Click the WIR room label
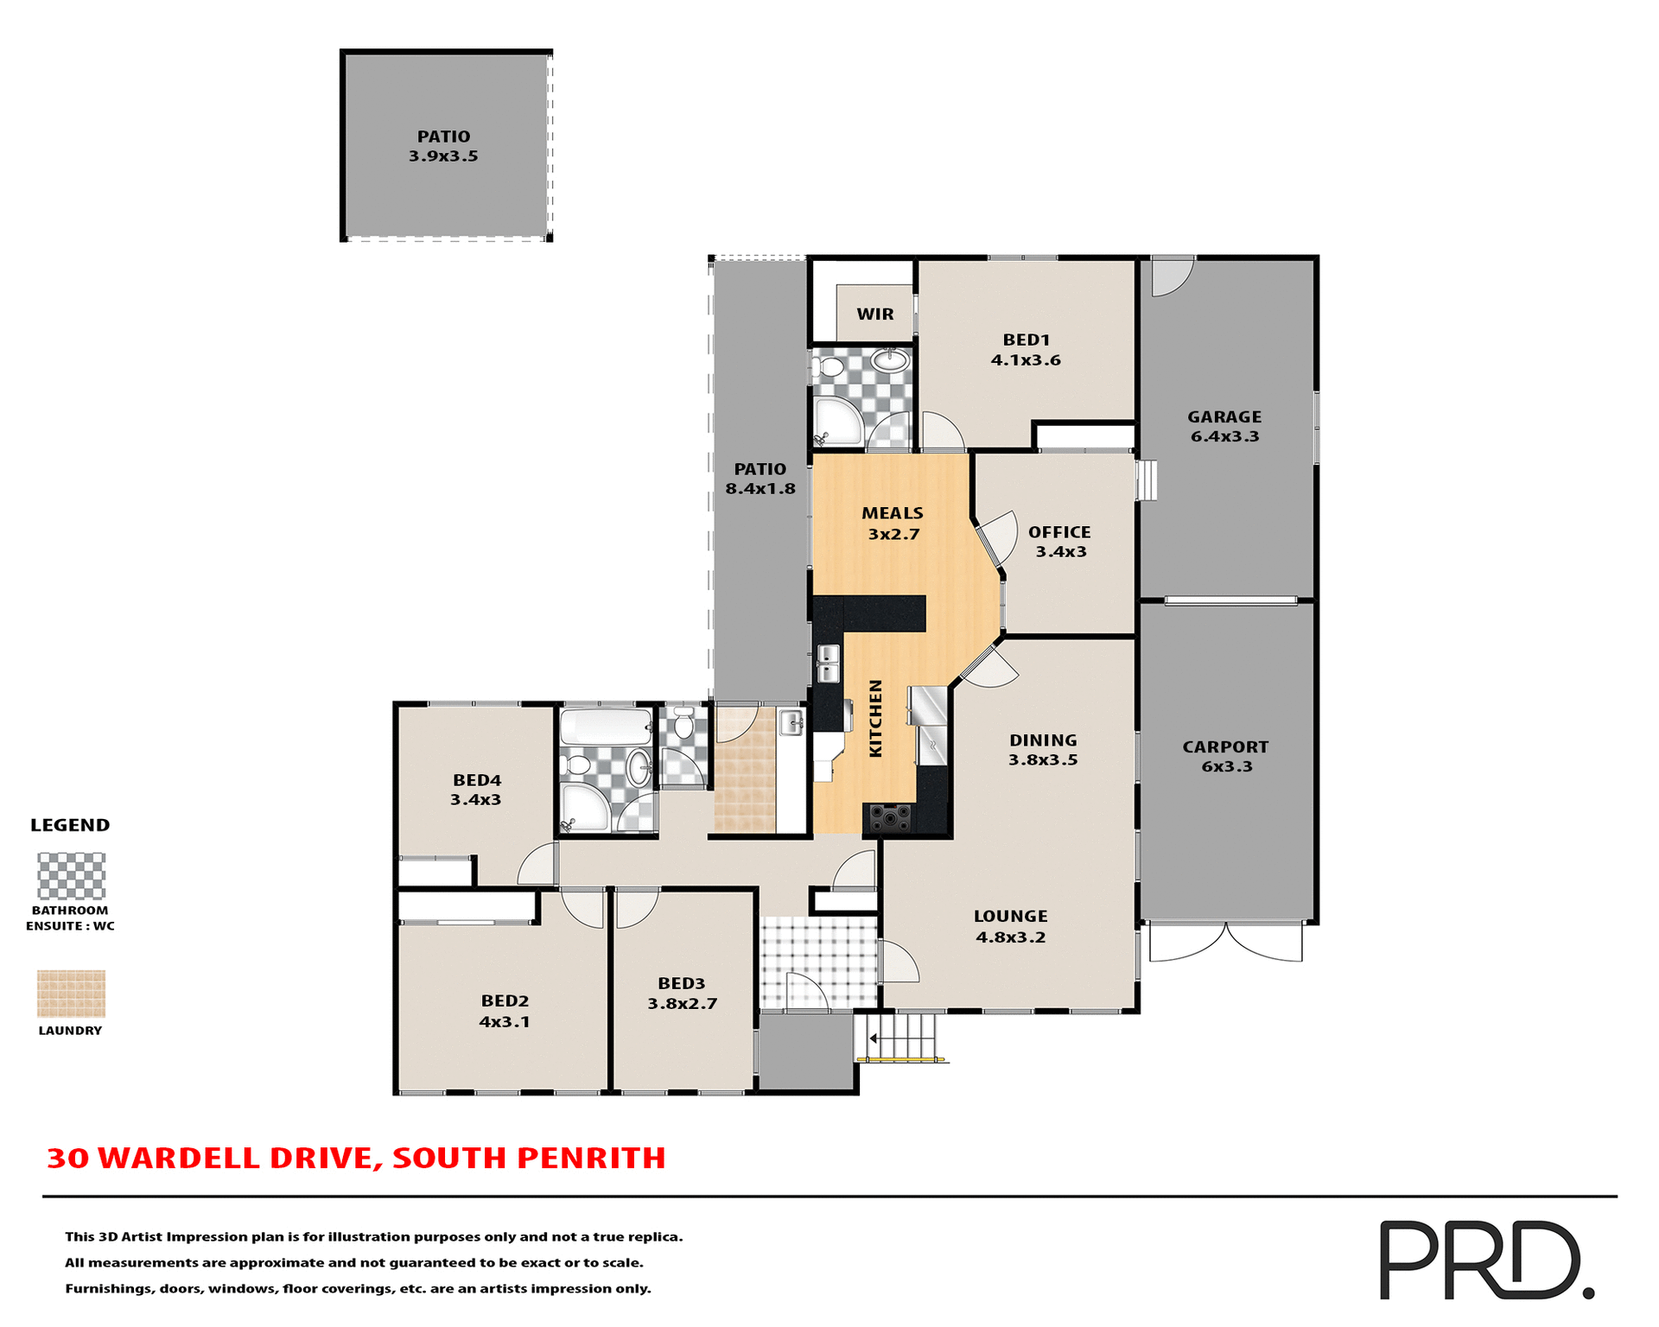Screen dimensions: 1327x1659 point(874,314)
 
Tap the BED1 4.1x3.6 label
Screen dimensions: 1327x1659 point(1026,350)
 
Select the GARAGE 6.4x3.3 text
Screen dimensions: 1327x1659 point(1224,427)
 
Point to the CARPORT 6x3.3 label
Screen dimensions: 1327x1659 point(1225,757)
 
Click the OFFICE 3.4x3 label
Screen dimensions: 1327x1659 point(1059,542)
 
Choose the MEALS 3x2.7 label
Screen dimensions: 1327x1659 point(893,524)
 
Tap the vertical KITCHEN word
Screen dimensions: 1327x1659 point(875,718)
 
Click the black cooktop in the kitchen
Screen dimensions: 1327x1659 point(889,816)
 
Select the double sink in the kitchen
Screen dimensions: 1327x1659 point(828,663)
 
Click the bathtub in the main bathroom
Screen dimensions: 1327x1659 point(606,727)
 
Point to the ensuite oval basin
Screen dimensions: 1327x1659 point(889,359)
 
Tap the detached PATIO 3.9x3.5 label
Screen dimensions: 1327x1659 point(443,146)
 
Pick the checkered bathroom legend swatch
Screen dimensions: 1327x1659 point(71,876)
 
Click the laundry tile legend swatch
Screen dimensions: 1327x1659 point(71,994)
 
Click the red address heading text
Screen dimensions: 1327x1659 point(356,1158)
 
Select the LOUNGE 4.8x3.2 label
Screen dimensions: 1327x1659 point(1010,926)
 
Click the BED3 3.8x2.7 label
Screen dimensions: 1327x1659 point(682,994)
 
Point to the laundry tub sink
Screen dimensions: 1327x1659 point(791,722)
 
